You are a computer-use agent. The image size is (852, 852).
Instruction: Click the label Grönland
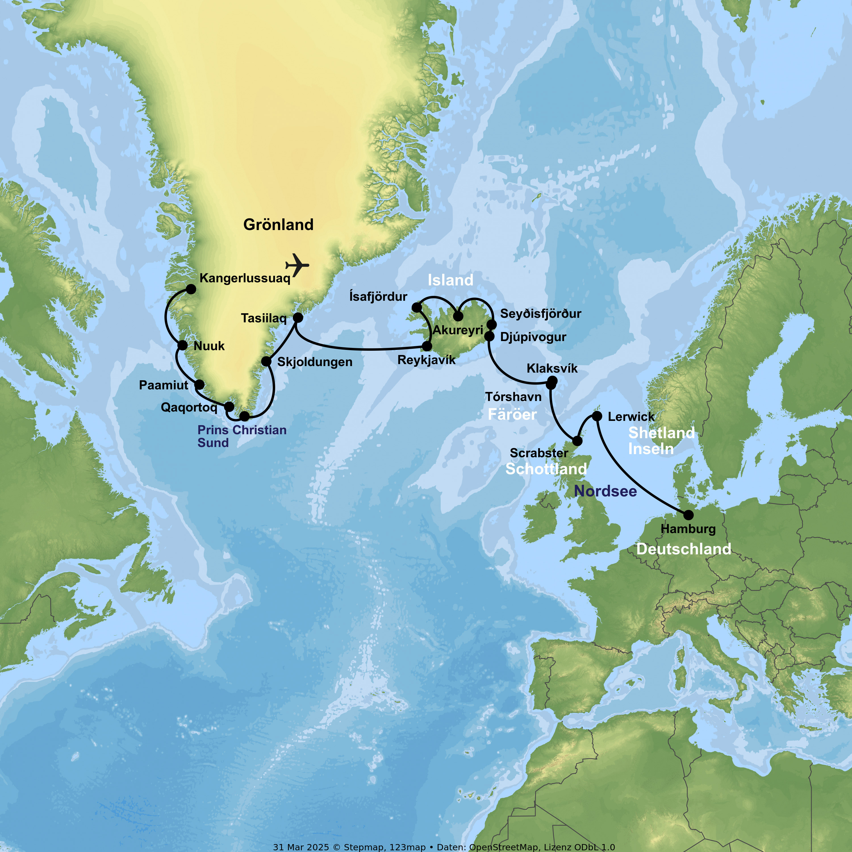278,225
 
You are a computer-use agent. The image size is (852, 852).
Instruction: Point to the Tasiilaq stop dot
298,318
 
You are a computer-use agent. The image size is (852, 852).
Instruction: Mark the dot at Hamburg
688,515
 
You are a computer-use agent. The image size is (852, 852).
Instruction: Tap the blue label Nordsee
605,491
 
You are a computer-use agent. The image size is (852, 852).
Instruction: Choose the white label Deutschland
684,549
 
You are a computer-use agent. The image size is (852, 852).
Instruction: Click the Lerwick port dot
597,416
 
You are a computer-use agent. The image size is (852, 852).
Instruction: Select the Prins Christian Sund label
242,436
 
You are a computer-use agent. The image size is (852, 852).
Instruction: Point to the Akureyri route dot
458,316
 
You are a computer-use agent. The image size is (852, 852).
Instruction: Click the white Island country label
450,280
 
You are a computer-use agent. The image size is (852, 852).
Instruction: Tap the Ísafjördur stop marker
417,307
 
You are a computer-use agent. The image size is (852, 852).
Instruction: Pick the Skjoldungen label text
315,362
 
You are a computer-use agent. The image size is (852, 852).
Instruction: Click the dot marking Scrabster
577,440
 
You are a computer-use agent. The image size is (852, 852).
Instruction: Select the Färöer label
512,415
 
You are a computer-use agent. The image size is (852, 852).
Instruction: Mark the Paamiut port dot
200,384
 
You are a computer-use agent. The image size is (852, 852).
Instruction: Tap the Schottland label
546,469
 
